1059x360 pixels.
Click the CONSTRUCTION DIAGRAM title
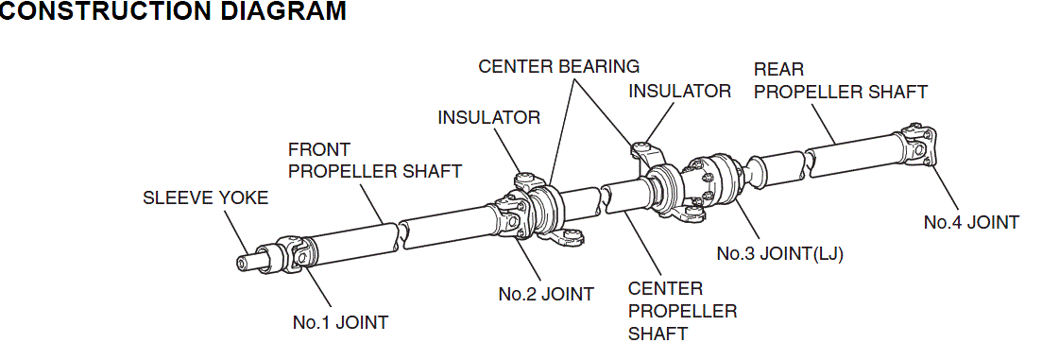tap(173, 10)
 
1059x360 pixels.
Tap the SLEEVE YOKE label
tap(206, 197)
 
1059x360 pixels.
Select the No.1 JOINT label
tap(340, 322)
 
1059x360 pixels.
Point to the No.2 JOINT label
tap(546, 294)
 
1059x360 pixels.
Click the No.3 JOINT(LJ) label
tap(780, 254)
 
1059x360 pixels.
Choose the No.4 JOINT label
tap(971, 222)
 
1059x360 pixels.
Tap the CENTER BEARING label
tap(558, 66)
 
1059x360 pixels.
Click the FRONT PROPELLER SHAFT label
tap(375, 160)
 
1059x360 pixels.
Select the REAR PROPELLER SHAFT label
tap(841, 80)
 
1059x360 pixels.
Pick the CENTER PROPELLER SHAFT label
tap(682, 312)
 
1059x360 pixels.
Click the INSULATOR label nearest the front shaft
tap(489, 117)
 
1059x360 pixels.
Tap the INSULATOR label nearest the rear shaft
tap(679, 91)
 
